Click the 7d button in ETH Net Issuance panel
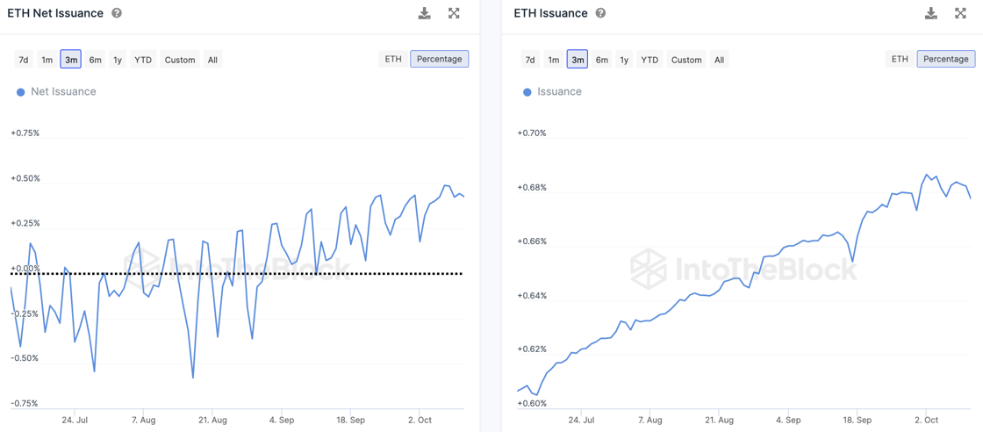click(x=24, y=60)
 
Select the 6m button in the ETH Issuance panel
click(x=601, y=60)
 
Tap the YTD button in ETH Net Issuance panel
click(x=143, y=60)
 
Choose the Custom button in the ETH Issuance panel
click(x=686, y=60)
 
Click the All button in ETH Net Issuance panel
click(x=212, y=60)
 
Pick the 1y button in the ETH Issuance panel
click(x=624, y=60)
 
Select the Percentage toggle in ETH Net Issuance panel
click(x=439, y=59)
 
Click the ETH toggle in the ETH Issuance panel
click(x=900, y=59)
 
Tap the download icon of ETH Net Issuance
click(x=425, y=13)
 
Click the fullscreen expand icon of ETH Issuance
click(x=960, y=13)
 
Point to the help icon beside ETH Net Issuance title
click(x=117, y=13)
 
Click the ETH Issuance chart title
click(x=550, y=13)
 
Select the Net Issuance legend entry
click(x=63, y=91)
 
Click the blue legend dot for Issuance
click(x=527, y=92)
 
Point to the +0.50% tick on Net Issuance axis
click(x=25, y=178)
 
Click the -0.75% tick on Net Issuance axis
click(x=25, y=403)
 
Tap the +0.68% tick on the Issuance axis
click(x=532, y=187)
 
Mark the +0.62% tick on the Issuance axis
click(x=532, y=349)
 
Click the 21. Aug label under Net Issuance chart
click(x=212, y=420)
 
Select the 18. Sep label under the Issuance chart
click(x=857, y=420)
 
